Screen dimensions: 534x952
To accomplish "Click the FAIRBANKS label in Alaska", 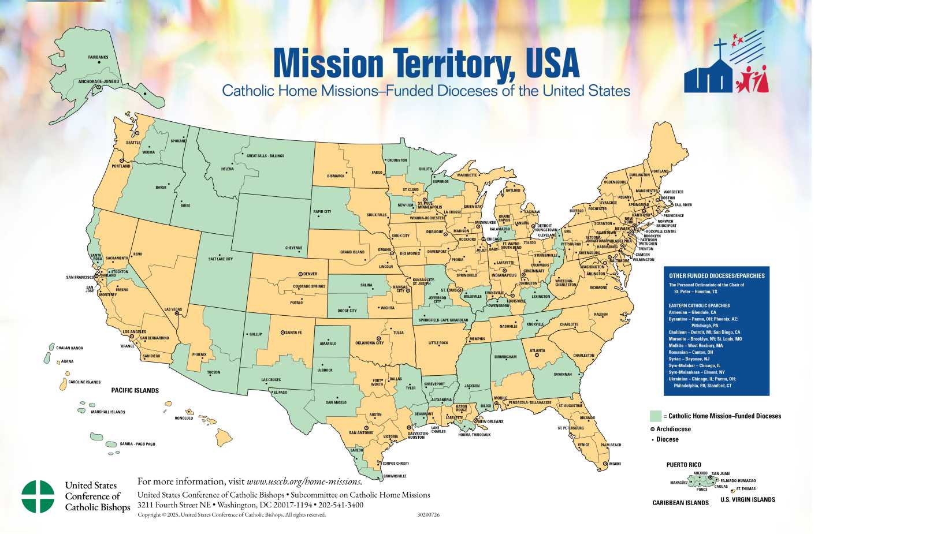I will click(98, 57).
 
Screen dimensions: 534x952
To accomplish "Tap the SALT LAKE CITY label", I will click(221, 259).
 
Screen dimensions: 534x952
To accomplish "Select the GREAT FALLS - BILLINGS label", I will click(265, 156).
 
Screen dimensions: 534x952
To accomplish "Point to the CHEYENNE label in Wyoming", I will click(293, 248).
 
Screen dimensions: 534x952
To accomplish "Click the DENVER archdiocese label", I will click(310, 274).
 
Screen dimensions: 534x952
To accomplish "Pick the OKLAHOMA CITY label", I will click(369, 343).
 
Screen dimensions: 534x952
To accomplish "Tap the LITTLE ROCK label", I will click(438, 343).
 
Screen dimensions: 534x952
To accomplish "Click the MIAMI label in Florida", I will click(615, 464).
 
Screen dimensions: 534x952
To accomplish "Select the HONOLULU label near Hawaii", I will click(184, 418).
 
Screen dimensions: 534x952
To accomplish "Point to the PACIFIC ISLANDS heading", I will click(135, 391).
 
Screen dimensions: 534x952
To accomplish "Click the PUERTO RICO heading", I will click(683, 465).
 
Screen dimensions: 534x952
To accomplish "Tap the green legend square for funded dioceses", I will click(655, 416).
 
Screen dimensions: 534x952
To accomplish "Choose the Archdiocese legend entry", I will click(673, 429).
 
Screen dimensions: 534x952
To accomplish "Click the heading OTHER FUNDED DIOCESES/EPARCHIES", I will click(716, 276).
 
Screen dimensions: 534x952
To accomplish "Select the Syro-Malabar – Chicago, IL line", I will click(694, 365).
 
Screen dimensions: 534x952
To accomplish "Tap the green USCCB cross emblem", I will click(38, 496).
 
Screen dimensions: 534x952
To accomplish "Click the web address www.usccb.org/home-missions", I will click(304, 481).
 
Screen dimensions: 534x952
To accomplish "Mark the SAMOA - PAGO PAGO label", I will click(137, 444).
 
